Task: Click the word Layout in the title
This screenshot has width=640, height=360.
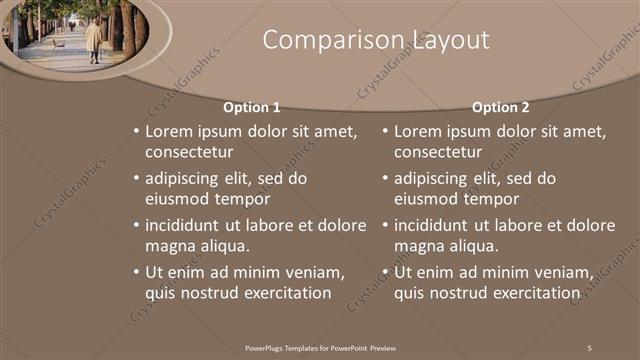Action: [450, 40]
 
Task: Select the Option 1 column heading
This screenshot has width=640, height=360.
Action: [252, 107]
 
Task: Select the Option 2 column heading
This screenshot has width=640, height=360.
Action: [500, 107]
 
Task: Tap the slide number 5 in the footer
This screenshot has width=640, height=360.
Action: [589, 347]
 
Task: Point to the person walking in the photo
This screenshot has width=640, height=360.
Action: [93, 41]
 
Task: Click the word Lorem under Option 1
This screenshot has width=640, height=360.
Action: [169, 131]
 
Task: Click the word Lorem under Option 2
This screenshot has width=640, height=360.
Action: [418, 131]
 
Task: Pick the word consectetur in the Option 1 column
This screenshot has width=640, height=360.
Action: [189, 152]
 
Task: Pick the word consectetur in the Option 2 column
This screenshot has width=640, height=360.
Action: [438, 152]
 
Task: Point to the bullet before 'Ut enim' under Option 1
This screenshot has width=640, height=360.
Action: [135, 272]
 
